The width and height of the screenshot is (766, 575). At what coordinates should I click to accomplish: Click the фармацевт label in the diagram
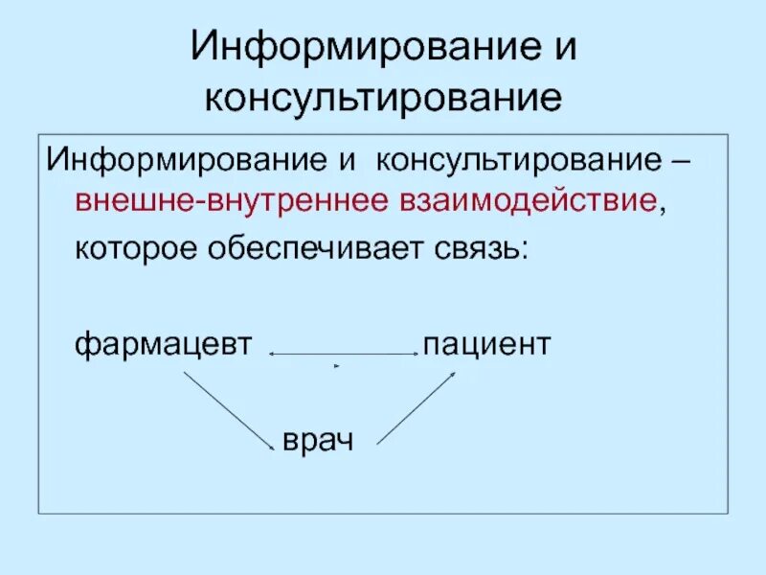tap(163, 343)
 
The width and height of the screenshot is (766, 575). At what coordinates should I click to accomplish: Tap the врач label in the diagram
tap(318, 440)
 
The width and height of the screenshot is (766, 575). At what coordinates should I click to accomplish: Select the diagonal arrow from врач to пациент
tap(417, 407)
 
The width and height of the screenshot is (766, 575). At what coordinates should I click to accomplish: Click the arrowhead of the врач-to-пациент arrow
tap(451, 376)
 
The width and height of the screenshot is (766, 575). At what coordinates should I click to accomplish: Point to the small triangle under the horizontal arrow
tap(336, 366)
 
